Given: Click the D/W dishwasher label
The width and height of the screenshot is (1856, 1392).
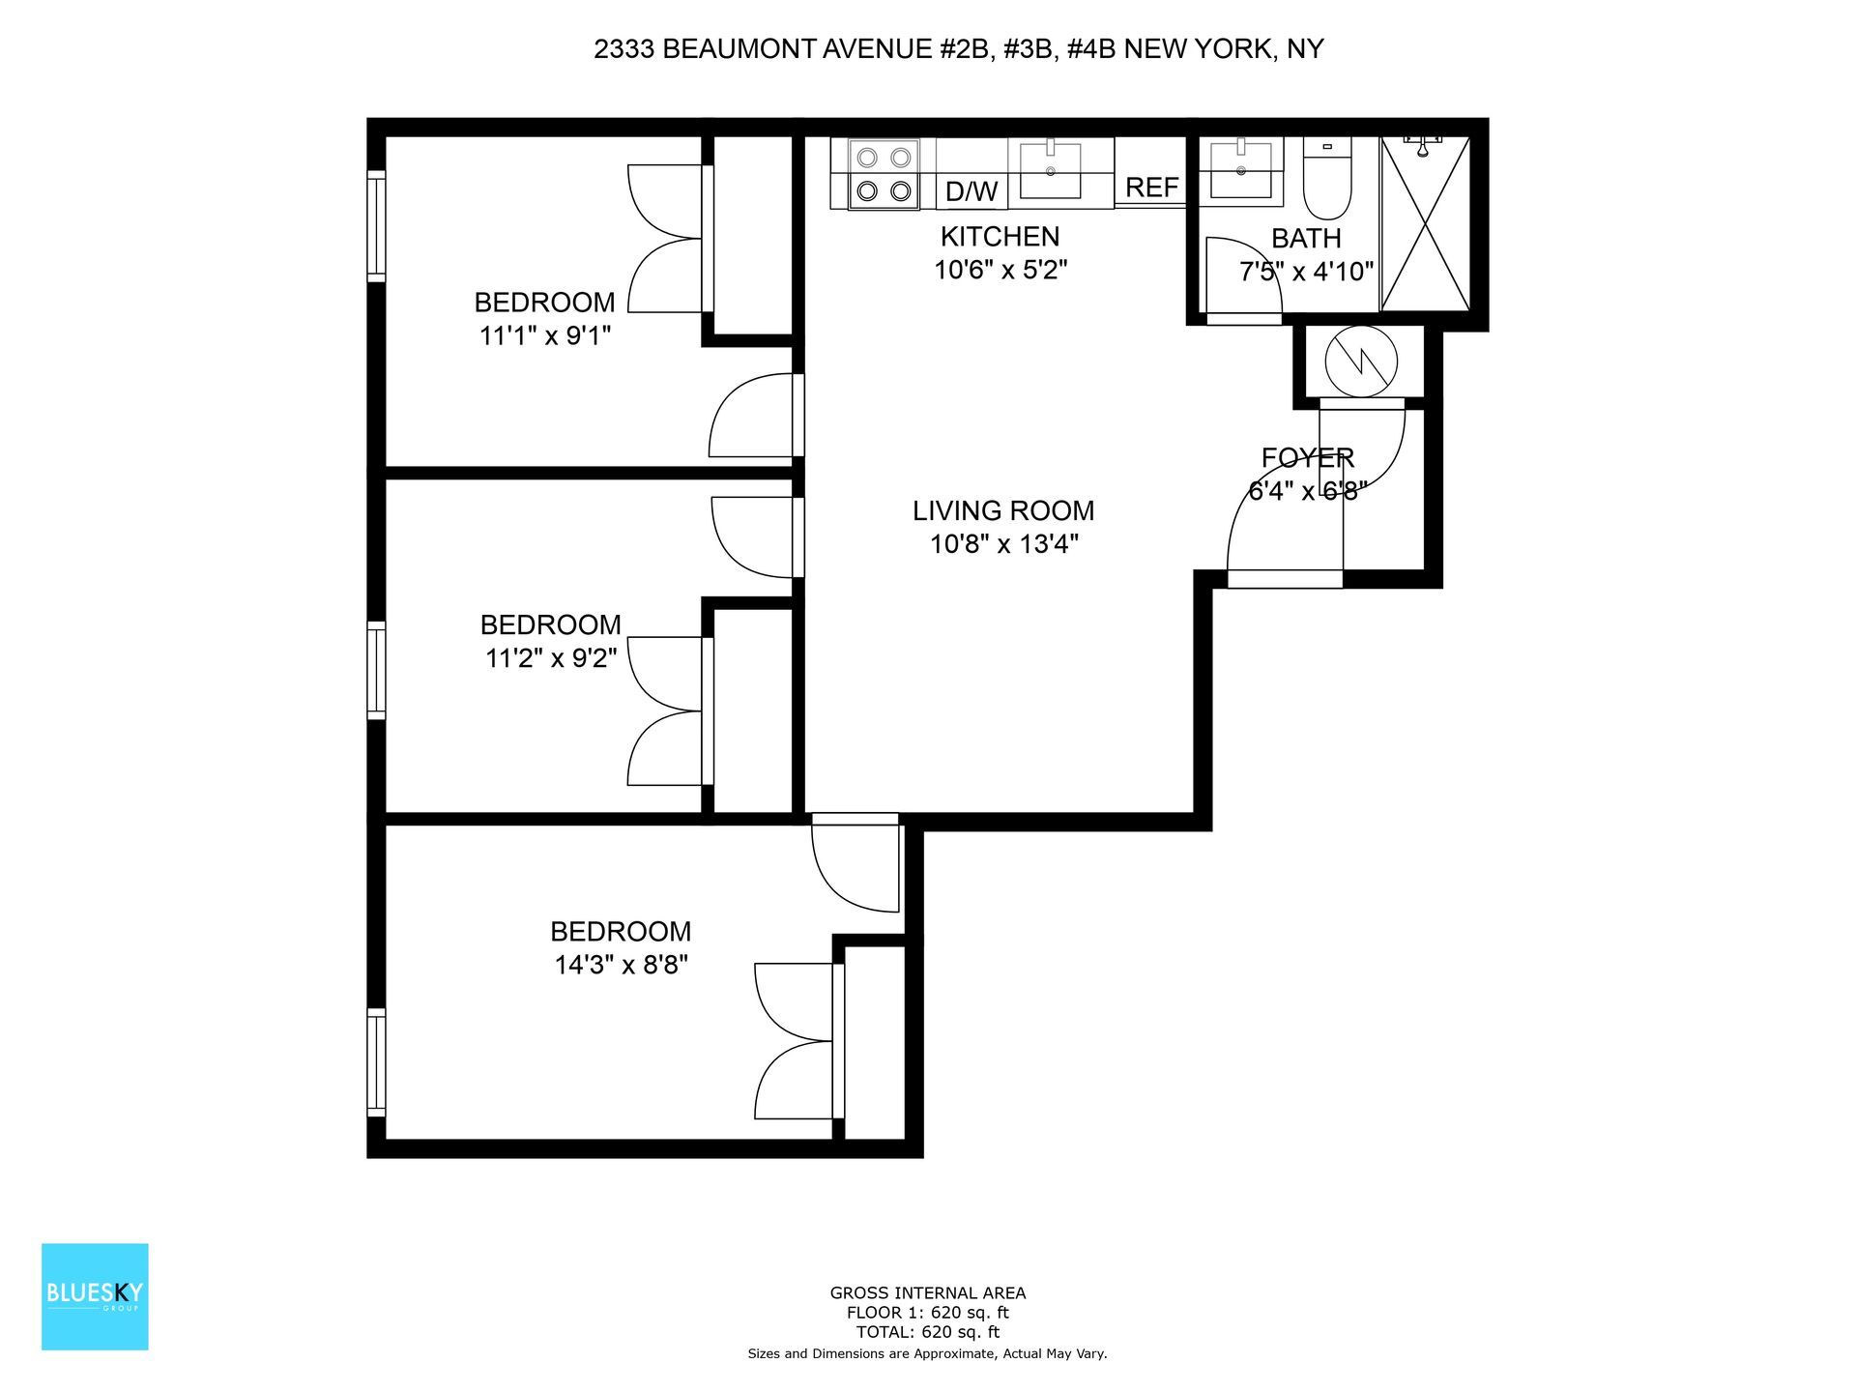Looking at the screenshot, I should [x=971, y=190].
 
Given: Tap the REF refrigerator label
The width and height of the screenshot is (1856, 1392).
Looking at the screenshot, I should [x=1151, y=188].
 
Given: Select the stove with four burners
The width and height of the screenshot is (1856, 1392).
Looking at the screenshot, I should [x=884, y=174].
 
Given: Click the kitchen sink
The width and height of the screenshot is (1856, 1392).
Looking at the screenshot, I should [x=1050, y=172].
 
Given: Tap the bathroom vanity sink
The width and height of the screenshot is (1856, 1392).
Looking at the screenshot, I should [x=1240, y=170].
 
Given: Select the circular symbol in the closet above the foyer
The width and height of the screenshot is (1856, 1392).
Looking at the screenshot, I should [x=1361, y=362].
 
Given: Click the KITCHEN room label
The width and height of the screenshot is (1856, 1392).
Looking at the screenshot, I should [x=1000, y=237].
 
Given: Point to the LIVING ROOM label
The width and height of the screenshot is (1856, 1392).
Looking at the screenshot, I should [x=1003, y=510].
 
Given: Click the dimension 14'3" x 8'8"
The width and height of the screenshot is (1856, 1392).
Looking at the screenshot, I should [x=620, y=965].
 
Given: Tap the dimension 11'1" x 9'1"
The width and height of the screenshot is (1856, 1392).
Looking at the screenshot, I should [x=545, y=335].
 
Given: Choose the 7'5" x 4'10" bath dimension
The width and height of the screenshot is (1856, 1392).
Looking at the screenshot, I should [x=1306, y=272].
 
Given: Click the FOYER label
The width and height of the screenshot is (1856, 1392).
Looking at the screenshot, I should [x=1307, y=457].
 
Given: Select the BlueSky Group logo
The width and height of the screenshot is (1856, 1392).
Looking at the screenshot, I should [x=95, y=1296].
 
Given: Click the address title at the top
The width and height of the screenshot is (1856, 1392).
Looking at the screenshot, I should [x=958, y=49].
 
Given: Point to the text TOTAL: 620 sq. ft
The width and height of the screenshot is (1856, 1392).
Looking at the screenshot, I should [x=927, y=1332].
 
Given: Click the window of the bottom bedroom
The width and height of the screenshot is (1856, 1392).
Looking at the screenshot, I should [x=376, y=1062].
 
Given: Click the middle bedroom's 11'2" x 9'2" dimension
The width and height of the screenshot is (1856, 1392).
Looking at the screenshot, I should [x=550, y=658].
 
